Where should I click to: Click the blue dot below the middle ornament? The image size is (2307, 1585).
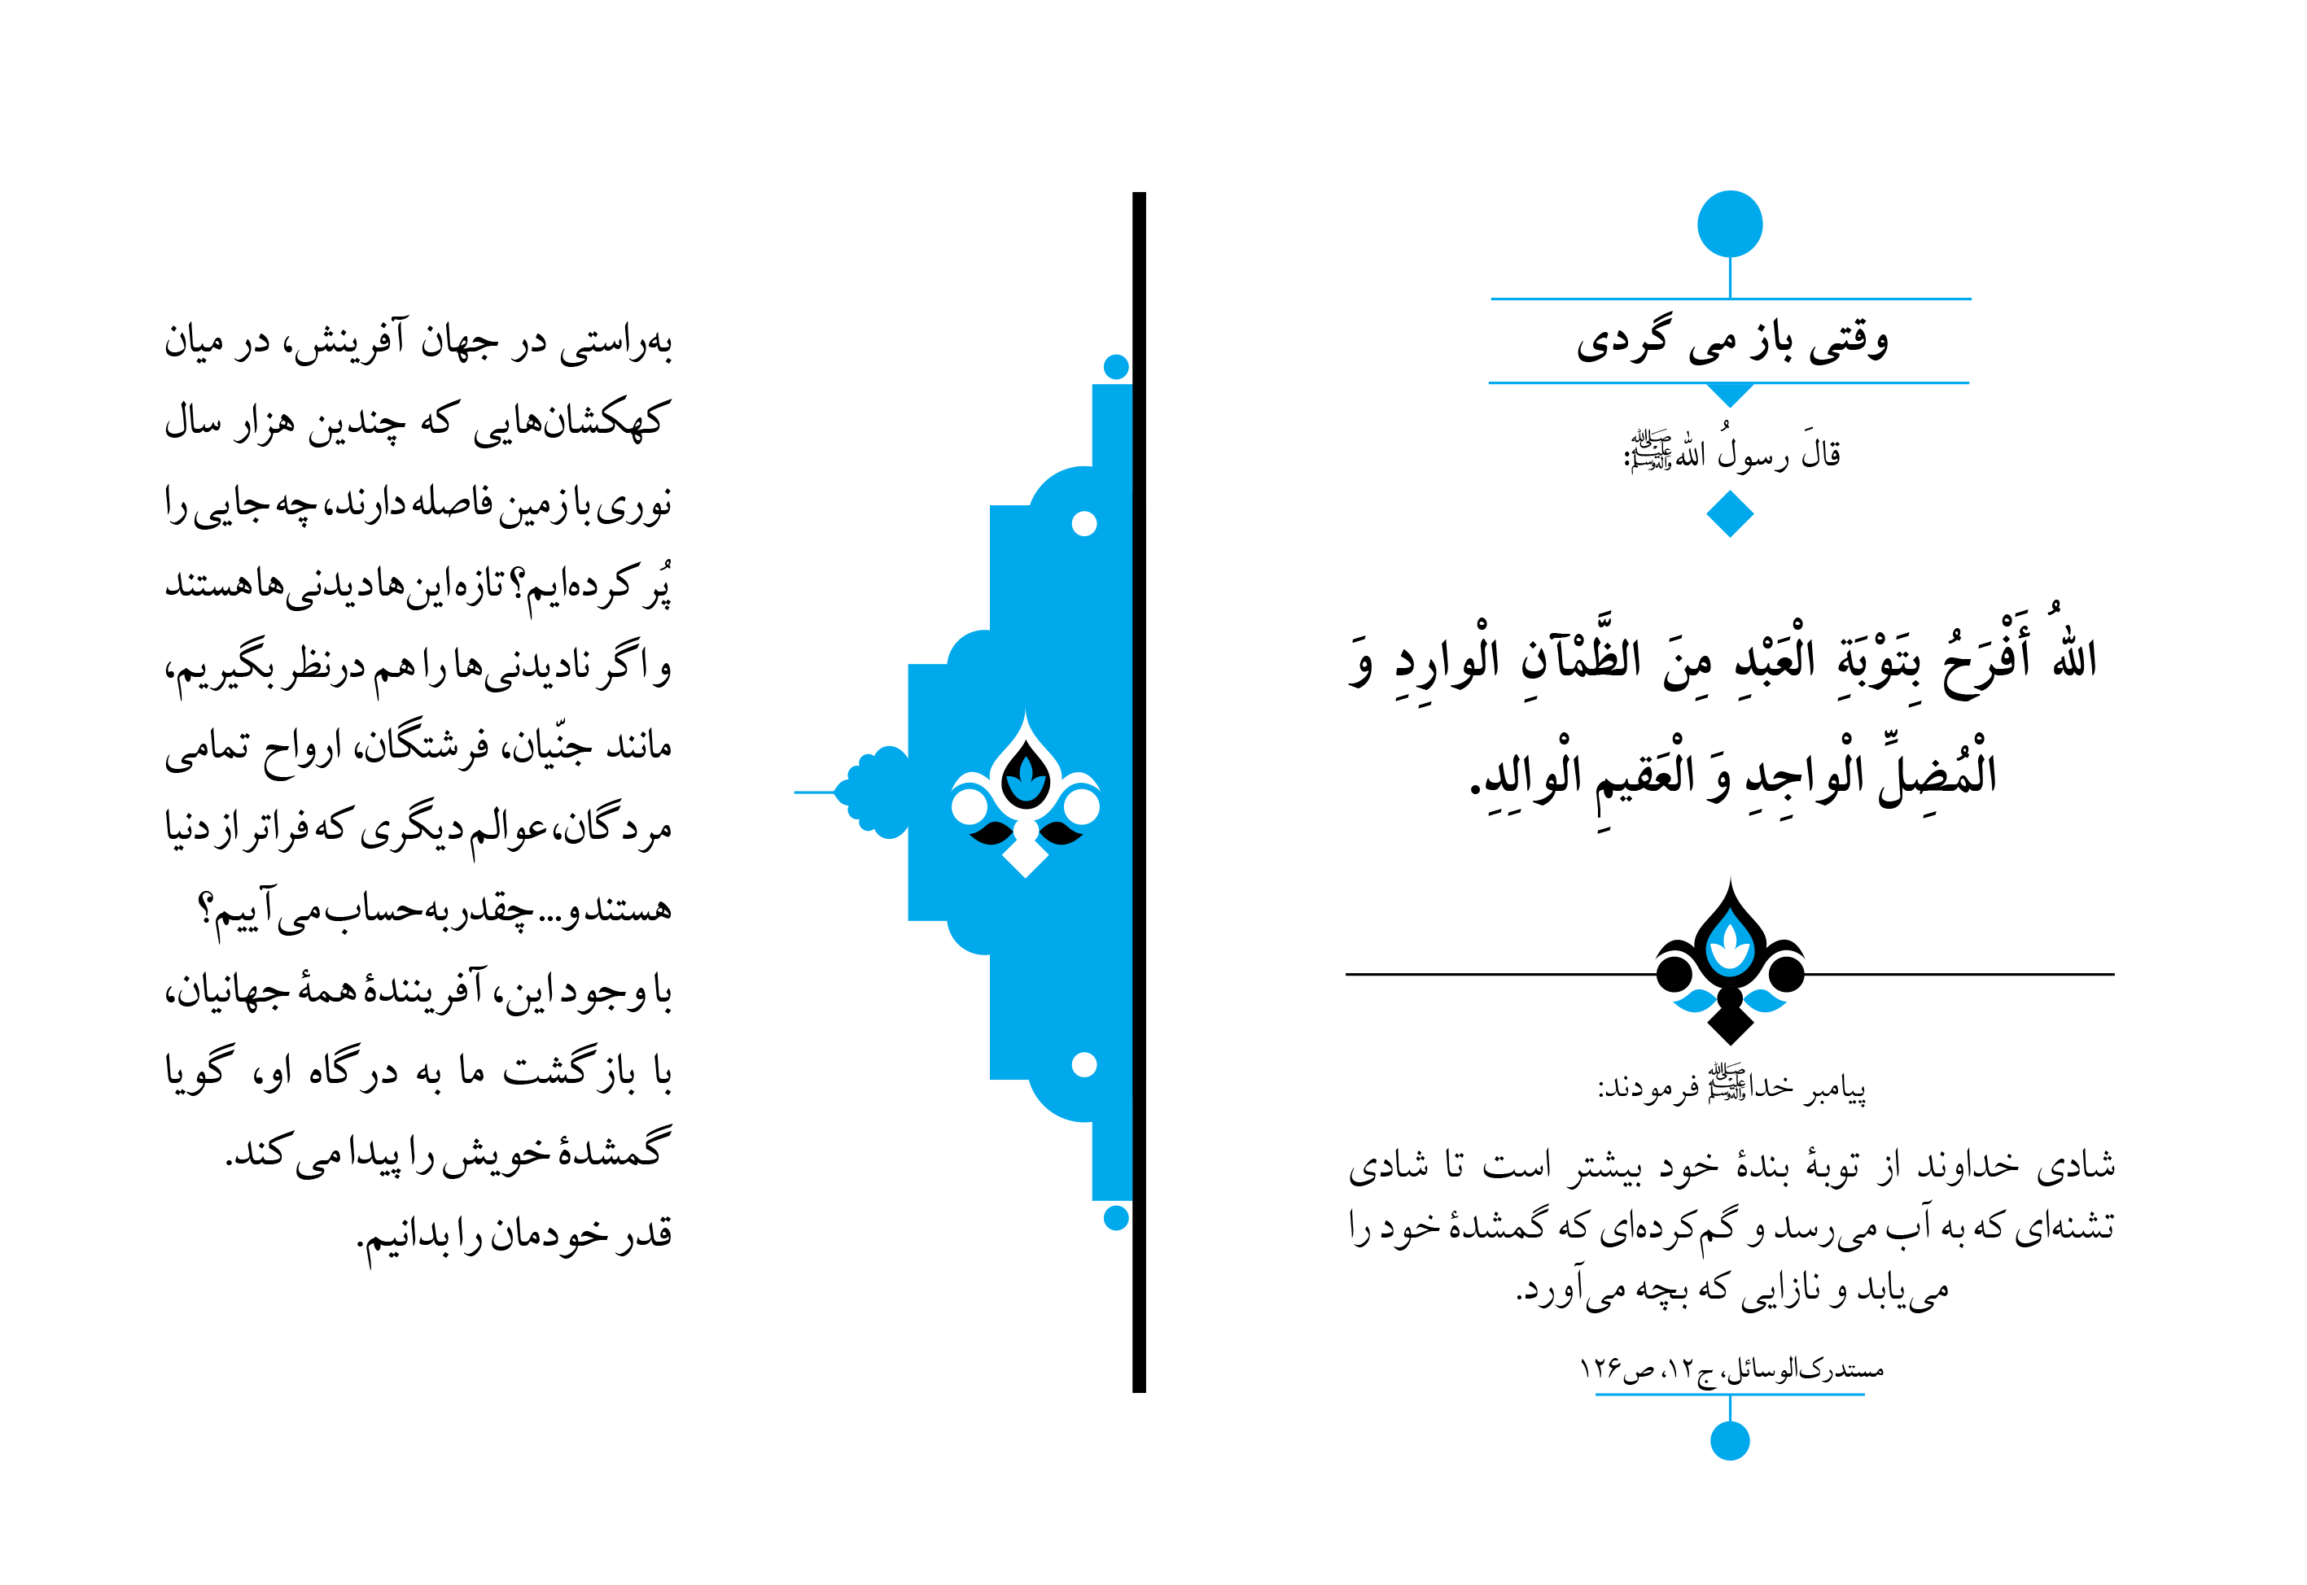point(1116,1217)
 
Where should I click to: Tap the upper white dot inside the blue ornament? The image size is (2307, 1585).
point(1084,523)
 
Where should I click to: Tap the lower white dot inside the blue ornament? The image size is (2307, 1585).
point(1084,1064)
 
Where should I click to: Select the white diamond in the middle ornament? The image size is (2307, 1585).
point(1026,856)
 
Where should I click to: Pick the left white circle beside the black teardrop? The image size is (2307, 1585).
point(969,806)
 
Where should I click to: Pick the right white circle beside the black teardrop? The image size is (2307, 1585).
point(1082,806)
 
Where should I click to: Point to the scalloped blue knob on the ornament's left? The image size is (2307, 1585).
point(874,792)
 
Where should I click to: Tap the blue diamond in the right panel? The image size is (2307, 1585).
point(1730,513)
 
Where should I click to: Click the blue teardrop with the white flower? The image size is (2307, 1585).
point(1730,945)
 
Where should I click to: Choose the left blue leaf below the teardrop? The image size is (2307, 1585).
point(1694,1001)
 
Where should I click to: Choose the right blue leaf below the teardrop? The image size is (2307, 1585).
point(1766,1001)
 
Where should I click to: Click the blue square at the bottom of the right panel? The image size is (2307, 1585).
point(1730,1440)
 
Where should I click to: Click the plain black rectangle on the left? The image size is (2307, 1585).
point(418,792)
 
